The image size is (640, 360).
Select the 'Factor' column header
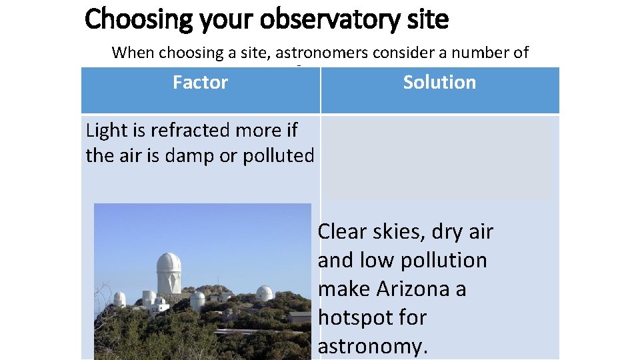click(x=200, y=83)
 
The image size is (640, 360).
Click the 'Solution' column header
click(x=439, y=83)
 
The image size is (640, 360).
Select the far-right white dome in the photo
click(x=265, y=293)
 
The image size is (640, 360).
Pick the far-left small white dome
click(x=119, y=299)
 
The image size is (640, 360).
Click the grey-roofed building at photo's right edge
click(x=299, y=316)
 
